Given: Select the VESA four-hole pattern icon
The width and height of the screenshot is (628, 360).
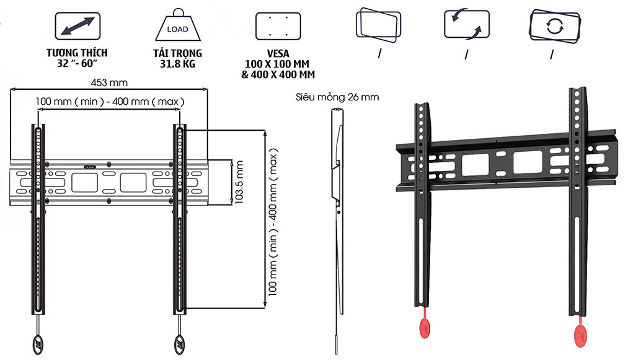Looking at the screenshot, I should click(x=278, y=26).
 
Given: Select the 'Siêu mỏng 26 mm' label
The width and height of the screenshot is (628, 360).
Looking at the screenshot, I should click(x=337, y=97).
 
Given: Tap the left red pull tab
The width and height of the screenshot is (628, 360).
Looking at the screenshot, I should click(x=425, y=327).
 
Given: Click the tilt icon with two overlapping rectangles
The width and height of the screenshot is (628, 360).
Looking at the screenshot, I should click(x=378, y=24).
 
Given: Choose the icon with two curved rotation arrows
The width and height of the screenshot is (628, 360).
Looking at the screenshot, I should click(x=467, y=24).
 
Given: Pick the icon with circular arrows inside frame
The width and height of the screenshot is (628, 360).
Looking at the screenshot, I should click(x=554, y=26).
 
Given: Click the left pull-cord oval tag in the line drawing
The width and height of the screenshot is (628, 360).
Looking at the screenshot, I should click(x=35, y=342).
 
